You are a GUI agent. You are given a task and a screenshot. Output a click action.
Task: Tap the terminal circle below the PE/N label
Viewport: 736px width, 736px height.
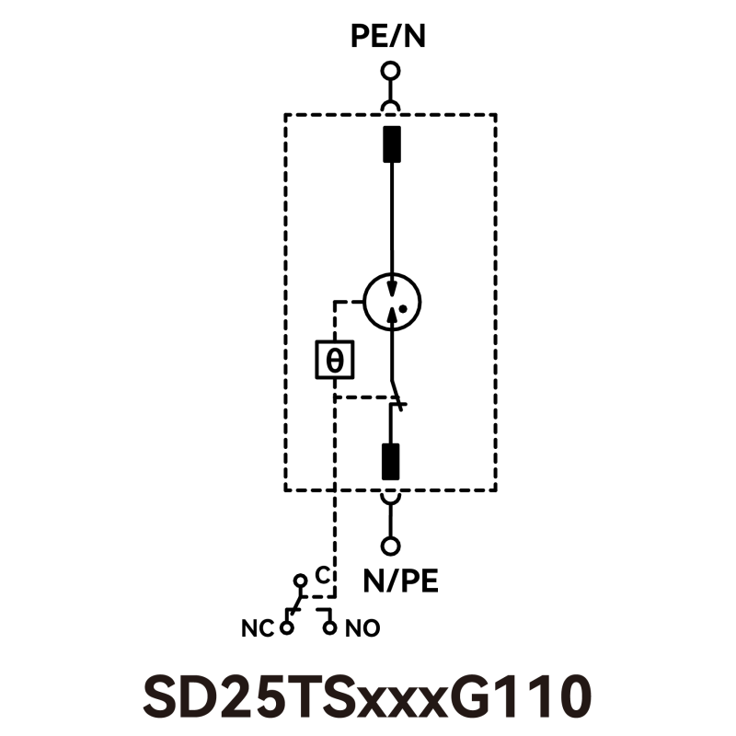click(391, 71)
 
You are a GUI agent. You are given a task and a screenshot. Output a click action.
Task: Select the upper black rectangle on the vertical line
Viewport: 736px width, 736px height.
click(392, 144)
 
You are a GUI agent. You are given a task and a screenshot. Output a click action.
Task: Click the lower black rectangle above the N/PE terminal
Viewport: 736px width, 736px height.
click(392, 461)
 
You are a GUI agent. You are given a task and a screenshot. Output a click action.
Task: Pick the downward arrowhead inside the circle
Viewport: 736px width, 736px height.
click(390, 289)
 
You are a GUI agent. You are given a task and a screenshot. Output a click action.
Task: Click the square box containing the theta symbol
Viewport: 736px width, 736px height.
click(335, 360)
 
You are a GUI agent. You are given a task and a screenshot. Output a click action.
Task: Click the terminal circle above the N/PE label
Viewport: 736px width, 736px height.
click(391, 546)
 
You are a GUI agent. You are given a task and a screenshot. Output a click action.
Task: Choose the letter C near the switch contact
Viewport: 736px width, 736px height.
click(322, 575)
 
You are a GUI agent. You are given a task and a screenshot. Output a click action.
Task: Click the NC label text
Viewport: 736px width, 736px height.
click(258, 629)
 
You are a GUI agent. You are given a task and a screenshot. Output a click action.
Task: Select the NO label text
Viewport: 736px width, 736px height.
click(362, 629)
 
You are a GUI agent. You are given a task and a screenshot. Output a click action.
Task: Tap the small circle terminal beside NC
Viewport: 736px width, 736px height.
click(287, 627)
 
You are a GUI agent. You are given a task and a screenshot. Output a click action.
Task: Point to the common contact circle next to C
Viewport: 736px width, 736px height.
click(300, 581)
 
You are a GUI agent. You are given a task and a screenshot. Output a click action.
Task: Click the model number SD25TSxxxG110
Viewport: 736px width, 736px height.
click(367, 696)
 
